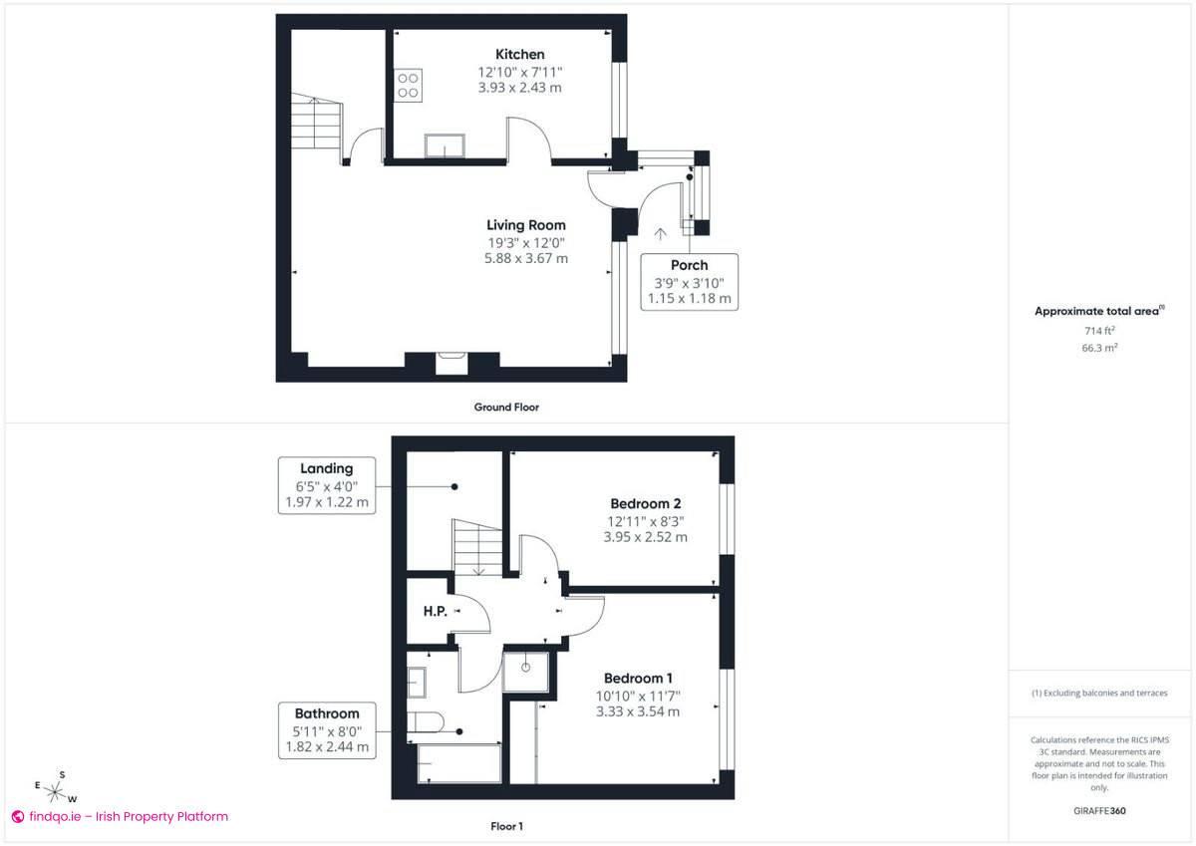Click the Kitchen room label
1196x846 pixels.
(520, 54)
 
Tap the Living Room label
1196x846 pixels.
(525, 225)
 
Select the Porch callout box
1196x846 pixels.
(689, 281)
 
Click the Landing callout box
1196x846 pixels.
(326, 485)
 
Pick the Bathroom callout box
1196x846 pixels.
(326, 730)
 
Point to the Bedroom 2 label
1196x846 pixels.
(645, 503)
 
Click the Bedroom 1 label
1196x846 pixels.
(638, 679)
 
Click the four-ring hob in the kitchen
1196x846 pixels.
(407, 85)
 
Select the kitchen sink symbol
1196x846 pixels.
(443, 146)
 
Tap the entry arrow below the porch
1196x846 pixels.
(659, 235)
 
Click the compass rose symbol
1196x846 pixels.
(56, 792)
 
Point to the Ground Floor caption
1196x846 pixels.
(506, 407)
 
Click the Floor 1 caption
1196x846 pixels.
(506, 826)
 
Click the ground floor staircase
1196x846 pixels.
(317, 123)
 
